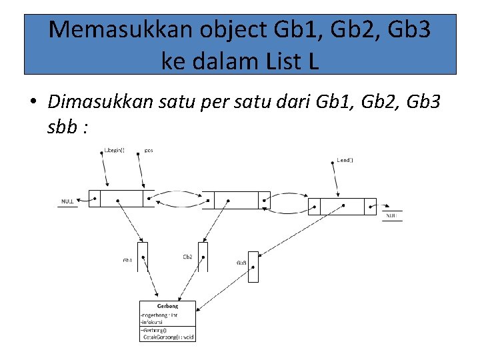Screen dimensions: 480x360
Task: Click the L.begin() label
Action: [x=115, y=151]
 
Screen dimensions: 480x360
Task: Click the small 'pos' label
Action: [x=149, y=151]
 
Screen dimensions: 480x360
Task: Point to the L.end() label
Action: [x=345, y=161]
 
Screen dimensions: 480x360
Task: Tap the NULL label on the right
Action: [x=393, y=215]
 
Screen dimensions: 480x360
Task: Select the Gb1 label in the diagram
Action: [x=127, y=261]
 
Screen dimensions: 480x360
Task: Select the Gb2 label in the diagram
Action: [x=187, y=257]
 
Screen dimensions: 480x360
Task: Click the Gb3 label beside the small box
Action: [x=241, y=263]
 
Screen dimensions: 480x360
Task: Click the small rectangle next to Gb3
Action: [x=253, y=266]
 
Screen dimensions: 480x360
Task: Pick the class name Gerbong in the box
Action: [x=167, y=306]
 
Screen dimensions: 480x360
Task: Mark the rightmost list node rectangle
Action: [x=343, y=207]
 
